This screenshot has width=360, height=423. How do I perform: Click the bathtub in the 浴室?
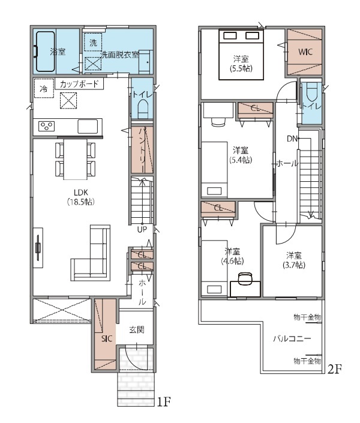46,52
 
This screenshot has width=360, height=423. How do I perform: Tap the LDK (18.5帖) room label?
81,197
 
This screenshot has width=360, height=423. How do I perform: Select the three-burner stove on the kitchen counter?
46,126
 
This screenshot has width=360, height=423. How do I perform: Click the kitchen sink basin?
88,127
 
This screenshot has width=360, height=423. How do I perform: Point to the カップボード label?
79,84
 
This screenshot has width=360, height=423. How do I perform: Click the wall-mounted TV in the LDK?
38,248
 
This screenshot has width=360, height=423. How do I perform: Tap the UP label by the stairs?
142,229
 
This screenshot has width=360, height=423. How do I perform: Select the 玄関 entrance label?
137,329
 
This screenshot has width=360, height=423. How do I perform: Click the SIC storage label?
107,338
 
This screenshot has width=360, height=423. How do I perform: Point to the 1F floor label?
164,402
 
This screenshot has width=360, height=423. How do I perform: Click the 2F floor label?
335,369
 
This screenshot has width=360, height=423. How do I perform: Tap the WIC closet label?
305,52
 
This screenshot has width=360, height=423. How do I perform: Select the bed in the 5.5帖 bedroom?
241,55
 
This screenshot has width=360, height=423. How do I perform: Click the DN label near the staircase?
292,139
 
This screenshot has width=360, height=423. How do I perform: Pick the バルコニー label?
292,338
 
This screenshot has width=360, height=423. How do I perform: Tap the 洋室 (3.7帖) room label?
294,260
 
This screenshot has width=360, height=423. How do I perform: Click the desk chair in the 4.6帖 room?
245,278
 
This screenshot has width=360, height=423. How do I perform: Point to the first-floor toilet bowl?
142,109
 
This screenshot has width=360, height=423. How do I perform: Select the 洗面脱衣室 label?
119,55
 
